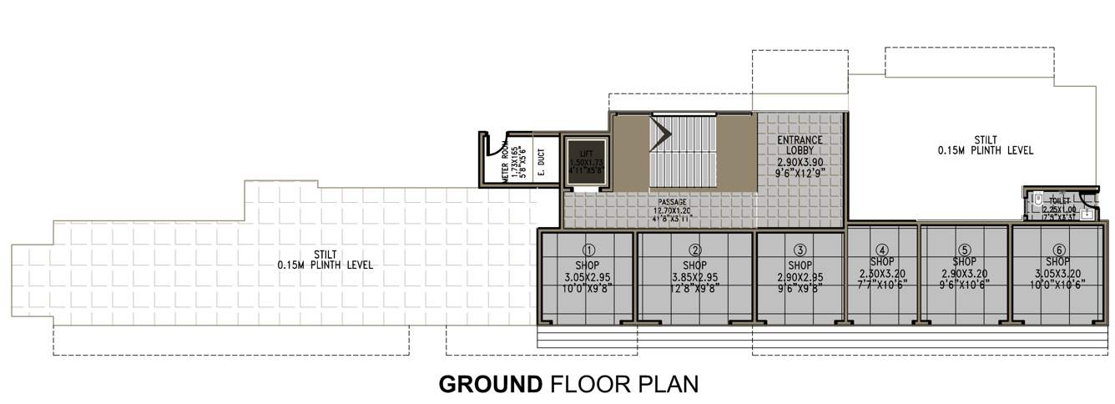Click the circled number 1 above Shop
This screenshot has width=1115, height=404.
pos(588,250)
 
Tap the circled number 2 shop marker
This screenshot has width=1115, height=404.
pos(695,250)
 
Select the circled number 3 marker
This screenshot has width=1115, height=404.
pos(800,250)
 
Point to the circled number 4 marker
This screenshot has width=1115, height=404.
pos(881,249)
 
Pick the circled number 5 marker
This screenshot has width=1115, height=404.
pos(964,250)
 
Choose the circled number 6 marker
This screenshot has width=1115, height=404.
pos(1058,250)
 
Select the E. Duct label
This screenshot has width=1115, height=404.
pos(541,161)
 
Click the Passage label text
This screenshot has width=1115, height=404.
pos(672,202)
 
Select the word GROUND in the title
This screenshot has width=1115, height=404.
pos(491,385)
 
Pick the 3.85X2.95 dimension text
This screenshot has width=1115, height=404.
pos(694,277)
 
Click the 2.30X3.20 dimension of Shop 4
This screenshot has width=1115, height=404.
pos(881,273)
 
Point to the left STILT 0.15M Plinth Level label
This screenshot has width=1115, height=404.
pos(325,260)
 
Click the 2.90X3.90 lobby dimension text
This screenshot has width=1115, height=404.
pos(800,164)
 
